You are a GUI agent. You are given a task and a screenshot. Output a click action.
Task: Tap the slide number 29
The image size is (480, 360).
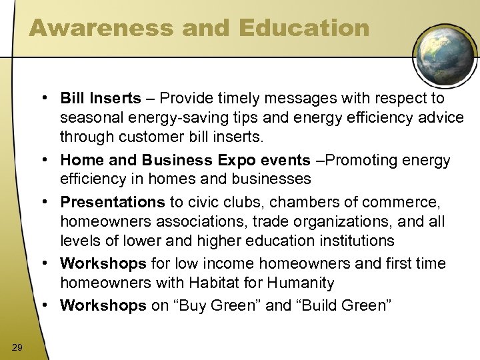[17, 344]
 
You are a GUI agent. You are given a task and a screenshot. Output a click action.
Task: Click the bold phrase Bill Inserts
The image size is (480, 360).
[100, 99]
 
